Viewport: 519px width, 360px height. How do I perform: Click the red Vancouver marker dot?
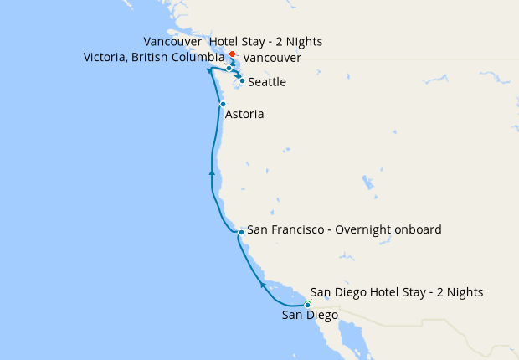point(232,54)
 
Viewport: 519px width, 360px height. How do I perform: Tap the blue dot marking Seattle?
point(242,80)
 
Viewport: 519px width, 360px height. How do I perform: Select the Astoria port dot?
point(223,104)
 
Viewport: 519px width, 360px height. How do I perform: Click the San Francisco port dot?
point(241,231)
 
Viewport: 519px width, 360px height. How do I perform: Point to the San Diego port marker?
point(308,305)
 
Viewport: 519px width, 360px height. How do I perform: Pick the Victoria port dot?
point(229,68)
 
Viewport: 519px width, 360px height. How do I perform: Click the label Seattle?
point(267,82)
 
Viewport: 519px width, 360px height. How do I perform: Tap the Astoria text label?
point(245,114)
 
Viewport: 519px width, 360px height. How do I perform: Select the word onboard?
point(418,229)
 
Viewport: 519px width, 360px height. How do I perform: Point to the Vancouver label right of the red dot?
point(272,58)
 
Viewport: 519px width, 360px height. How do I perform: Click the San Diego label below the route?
point(310,316)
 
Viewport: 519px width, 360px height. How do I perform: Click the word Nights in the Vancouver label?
point(303,41)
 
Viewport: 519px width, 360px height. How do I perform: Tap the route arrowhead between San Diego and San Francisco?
point(263,285)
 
